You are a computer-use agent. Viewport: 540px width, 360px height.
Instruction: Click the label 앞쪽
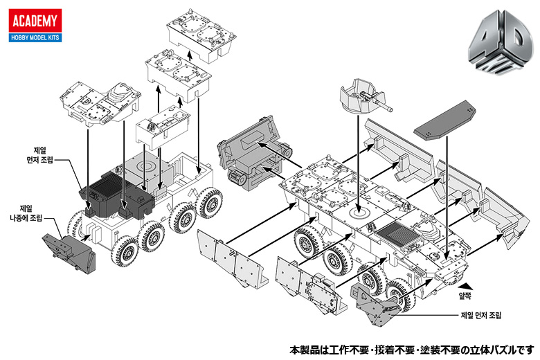coord(467,294)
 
